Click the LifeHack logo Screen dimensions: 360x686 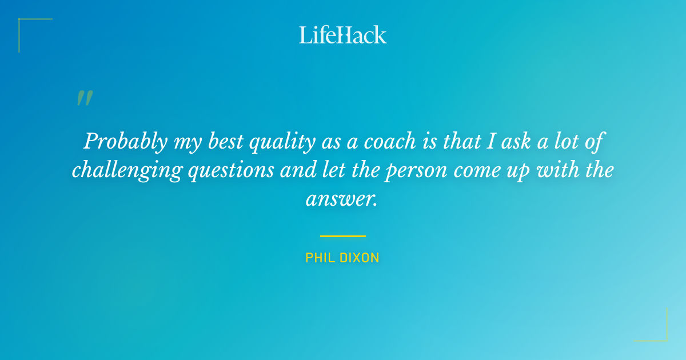(x=342, y=35)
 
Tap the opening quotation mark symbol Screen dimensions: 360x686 (x=84, y=98)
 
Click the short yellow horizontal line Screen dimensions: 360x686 (x=342, y=235)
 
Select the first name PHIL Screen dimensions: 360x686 (x=319, y=258)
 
